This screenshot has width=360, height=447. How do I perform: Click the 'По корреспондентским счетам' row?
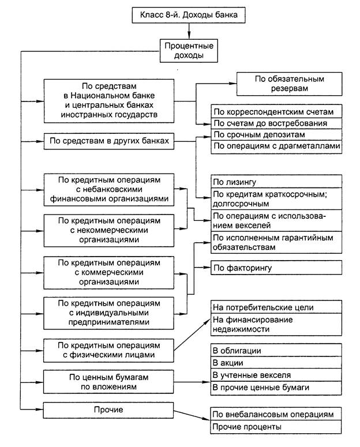click(x=277, y=111)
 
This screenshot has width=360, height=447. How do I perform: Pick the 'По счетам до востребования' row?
click(x=277, y=123)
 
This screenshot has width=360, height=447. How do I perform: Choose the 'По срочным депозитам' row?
click(x=277, y=135)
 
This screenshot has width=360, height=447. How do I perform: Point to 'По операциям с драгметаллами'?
click(x=277, y=147)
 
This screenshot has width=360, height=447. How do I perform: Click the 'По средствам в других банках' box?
click(x=110, y=141)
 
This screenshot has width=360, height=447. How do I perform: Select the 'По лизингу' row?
click(x=277, y=181)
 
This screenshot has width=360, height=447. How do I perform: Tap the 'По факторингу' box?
click(x=277, y=268)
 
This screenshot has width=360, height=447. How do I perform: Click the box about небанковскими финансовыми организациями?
click(x=110, y=189)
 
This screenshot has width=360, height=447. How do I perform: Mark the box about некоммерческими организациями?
click(x=110, y=228)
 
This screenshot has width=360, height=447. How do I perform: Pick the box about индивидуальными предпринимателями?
click(x=110, y=312)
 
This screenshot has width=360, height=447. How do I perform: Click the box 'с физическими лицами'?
click(x=110, y=350)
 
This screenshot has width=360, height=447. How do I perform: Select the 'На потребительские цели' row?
click(x=277, y=307)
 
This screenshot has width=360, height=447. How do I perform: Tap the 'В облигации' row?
click(x=277, y=351)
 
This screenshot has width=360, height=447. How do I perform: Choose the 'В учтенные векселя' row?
click(x=277, y=375)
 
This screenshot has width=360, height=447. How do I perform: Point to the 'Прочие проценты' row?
click(x=277, y=427)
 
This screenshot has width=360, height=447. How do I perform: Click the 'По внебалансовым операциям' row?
click(x=277, y=415)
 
